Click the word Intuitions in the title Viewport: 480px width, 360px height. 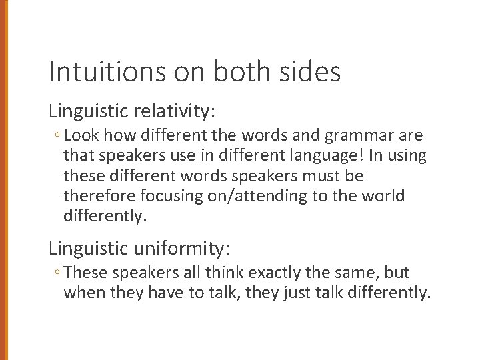[x=94, y=72]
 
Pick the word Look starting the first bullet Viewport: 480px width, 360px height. [x=81, y=136]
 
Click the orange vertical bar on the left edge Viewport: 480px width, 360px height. [x=3, y=180]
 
